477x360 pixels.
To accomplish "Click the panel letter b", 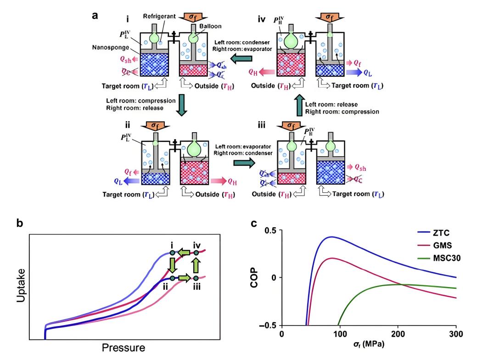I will [x=20, y=225].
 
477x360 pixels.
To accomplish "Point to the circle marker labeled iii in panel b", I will [x=196, y=278].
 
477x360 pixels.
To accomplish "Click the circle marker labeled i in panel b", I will [x=172, y=253].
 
